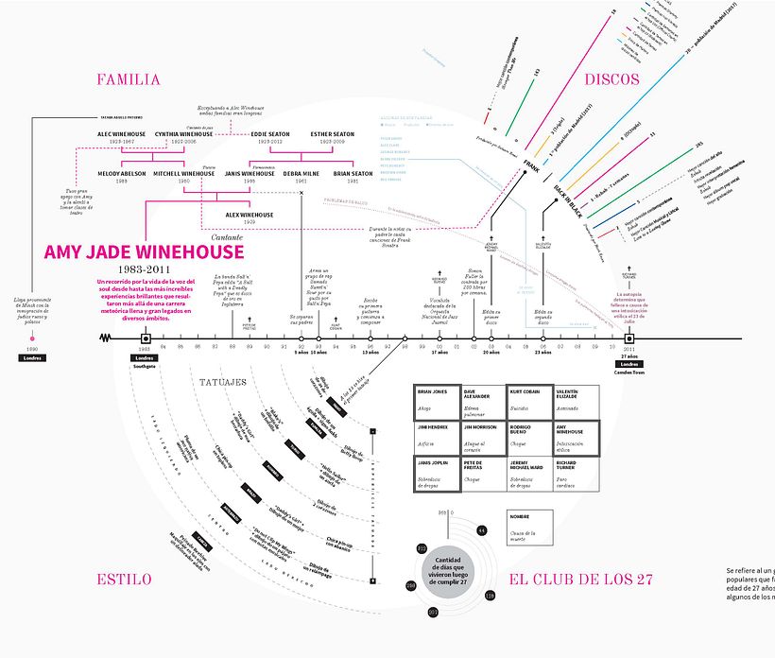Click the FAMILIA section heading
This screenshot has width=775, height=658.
[128, 80]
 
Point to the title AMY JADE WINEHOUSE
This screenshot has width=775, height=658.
[144, 251]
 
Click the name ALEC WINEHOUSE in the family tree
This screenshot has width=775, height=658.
[123, 134]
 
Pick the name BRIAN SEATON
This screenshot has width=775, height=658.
[354, 174]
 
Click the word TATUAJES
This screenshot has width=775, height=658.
[224, 383]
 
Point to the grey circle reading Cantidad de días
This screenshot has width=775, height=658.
[452, 574]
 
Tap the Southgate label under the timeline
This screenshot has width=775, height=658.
[145, 365]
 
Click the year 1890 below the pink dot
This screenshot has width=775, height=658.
[32, 349]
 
